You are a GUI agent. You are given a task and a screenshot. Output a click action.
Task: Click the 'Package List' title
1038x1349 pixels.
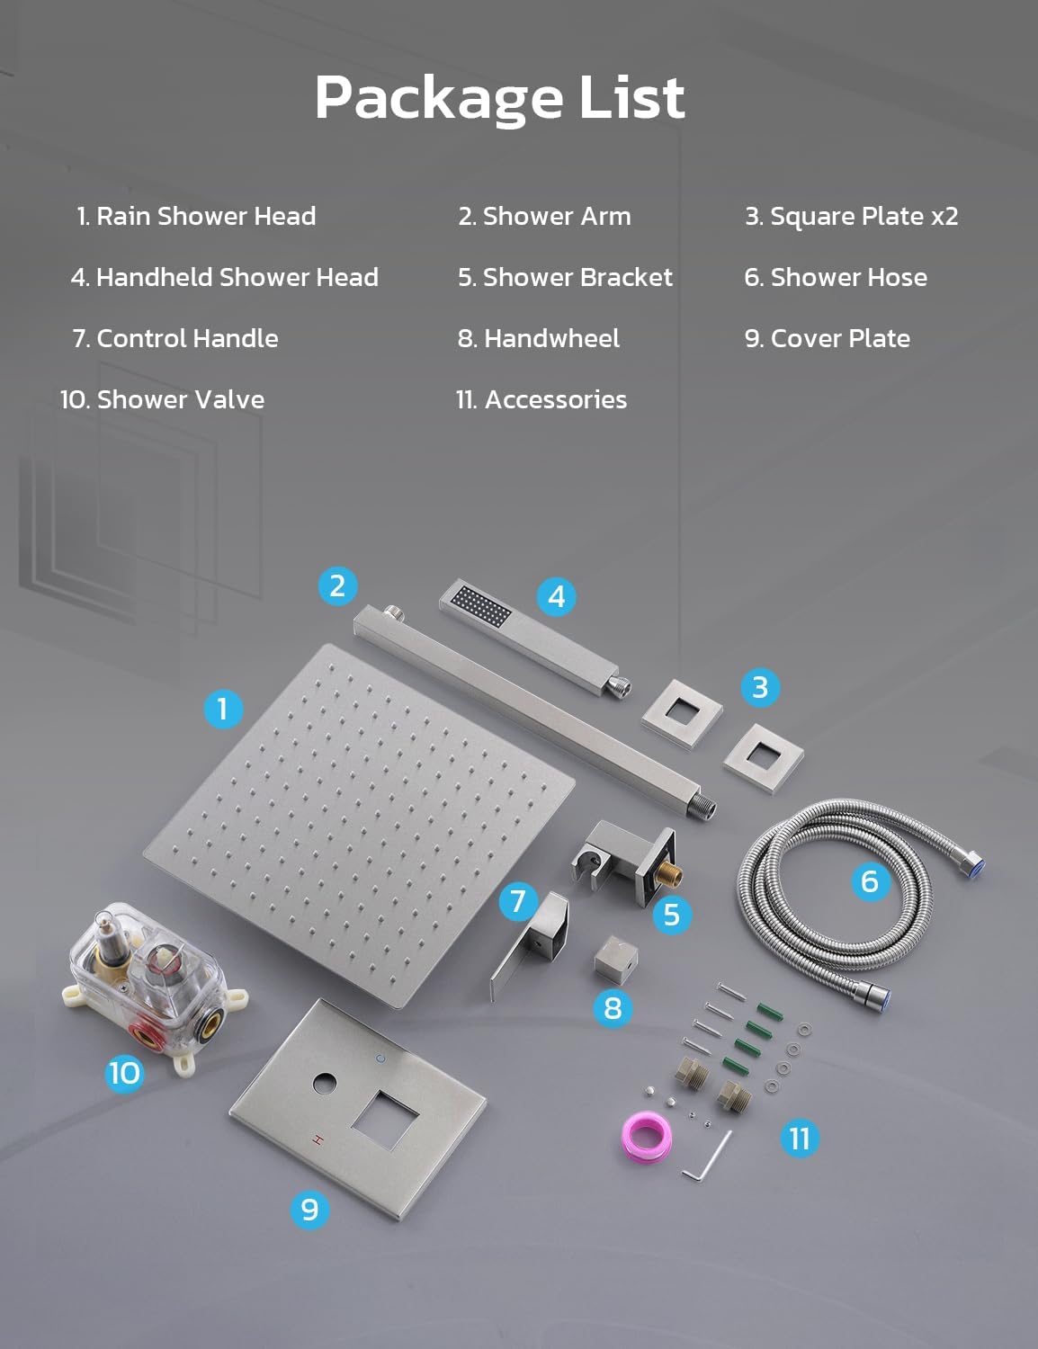click(499, 97)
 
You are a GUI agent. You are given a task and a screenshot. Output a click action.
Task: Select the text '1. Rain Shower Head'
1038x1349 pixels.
click(196, 216)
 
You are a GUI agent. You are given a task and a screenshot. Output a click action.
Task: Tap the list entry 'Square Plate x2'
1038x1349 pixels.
click(851, 216)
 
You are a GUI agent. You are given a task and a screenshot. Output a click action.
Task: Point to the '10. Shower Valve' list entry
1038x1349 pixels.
click(162, 399)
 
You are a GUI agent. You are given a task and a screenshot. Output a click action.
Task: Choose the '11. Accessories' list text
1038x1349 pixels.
click(541, 399)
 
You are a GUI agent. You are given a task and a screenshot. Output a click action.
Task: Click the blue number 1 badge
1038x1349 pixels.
click(223, 709)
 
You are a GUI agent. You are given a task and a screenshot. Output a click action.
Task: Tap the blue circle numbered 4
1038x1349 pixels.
click(556, 596)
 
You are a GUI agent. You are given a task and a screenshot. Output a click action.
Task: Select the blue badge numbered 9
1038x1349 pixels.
click(309, 1210)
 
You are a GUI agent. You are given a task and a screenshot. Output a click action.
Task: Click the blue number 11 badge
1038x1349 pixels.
click(800, 1139)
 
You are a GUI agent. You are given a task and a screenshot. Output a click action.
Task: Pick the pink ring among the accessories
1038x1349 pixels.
click(646, 1137)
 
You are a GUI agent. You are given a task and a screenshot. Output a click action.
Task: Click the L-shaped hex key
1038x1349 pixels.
click(706, 1157)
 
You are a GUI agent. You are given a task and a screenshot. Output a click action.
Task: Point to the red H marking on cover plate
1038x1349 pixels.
click(316, 1139)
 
